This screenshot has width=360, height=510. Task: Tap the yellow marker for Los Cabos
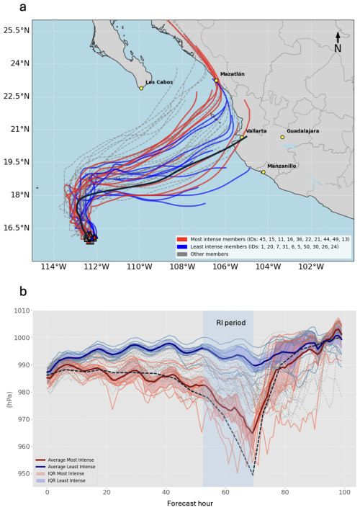[141, 89]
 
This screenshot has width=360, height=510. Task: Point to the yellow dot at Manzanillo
[264, 172]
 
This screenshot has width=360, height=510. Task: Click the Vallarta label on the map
[256, 131]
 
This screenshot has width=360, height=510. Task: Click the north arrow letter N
[338, 48]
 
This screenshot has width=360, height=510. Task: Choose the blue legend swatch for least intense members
[181, 245]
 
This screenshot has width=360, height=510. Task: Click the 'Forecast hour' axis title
[196, 504]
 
